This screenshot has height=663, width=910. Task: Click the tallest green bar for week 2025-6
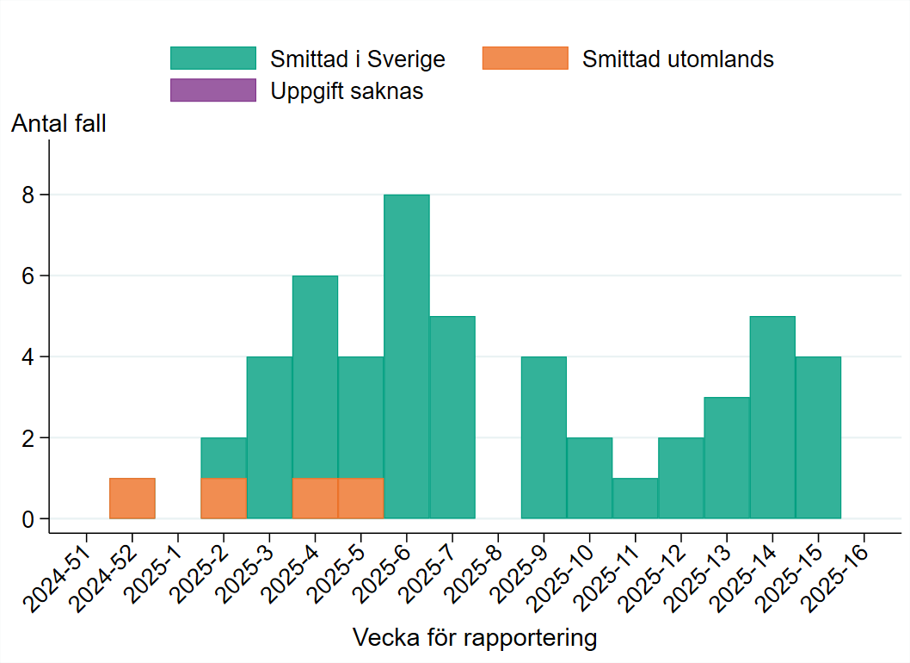click(x=406, y=356)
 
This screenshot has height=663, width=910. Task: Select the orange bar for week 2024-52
click(x=132, y=499)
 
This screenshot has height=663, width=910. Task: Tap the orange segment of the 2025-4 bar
click(x=315, y=499)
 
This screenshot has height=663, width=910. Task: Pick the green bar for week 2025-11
click(x=635, y=499)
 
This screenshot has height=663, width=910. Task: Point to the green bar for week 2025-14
click(x=772, y=418)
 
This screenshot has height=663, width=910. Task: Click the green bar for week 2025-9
click(x=544, y=437)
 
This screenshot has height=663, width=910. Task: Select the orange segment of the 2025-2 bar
click(x=224, y=499)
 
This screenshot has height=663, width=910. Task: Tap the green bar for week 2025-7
click(x=452, y=418)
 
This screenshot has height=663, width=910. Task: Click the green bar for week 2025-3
click(x=269, y=437)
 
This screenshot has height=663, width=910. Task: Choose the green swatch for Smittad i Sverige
click(x=213, y=59)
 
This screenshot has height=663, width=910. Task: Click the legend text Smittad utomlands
click(x=678, y=59)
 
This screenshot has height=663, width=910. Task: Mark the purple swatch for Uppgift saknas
click(x=213, y=90)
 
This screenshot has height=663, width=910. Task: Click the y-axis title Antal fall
click(x=58, y=124)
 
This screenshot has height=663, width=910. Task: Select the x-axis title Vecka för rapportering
click(x=475, y=638)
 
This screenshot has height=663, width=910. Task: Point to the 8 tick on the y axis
click(x=31, y=195)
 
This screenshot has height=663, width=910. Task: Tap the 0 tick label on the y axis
click(x=31, y=519)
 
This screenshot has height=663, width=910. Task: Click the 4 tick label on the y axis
click(x=31, y=357)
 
